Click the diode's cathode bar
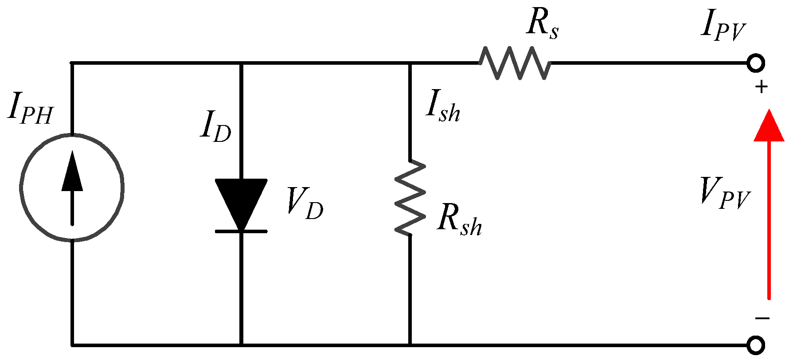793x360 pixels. point(241,231)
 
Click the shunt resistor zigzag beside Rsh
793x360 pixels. point(410,197)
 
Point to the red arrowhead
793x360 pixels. point(769,126)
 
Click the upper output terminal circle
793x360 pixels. point(756,63)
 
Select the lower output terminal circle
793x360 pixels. point(756,345)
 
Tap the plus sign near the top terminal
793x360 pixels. point(762,87)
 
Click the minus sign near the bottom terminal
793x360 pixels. point(762,318)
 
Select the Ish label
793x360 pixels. point(442,109)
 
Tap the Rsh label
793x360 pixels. point(459,221)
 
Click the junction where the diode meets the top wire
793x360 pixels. point(241,63)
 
